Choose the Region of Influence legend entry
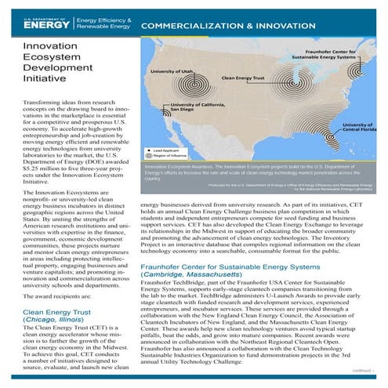point(176,156)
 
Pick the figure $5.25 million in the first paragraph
point(30,167)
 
